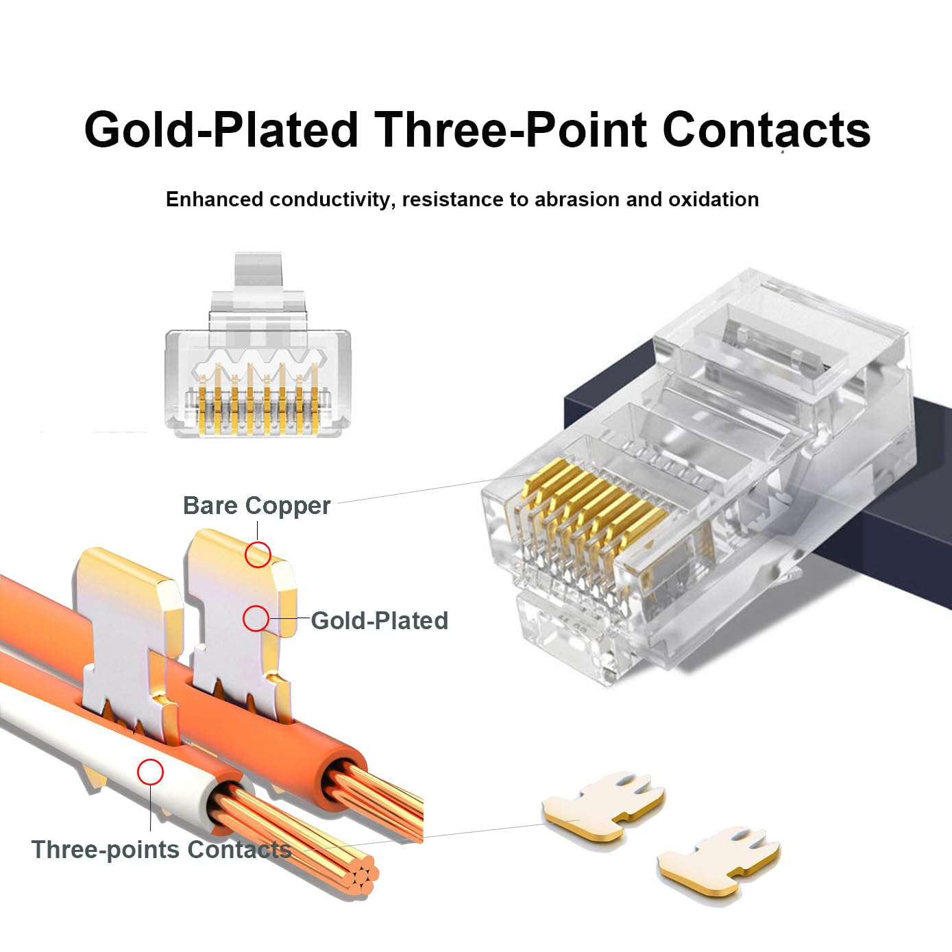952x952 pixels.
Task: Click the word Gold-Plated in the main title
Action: tap(221, 130)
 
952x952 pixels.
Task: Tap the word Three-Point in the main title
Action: tap(510, 130)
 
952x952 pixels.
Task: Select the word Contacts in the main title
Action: tap(766, 130)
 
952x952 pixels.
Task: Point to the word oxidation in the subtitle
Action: tap(713, 199)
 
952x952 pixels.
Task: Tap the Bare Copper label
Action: tap(256, 506)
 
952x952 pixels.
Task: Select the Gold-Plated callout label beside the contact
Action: tap(379, 621)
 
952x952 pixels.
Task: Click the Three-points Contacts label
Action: tap(161, 850)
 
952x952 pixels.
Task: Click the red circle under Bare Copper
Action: tap(258, 554)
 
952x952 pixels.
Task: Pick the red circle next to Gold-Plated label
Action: tap(256, 618)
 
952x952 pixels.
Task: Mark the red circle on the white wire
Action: tap(150, 772)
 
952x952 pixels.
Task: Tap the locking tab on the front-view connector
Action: tap(258, 281)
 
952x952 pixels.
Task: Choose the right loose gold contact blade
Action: tap(718, 861)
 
